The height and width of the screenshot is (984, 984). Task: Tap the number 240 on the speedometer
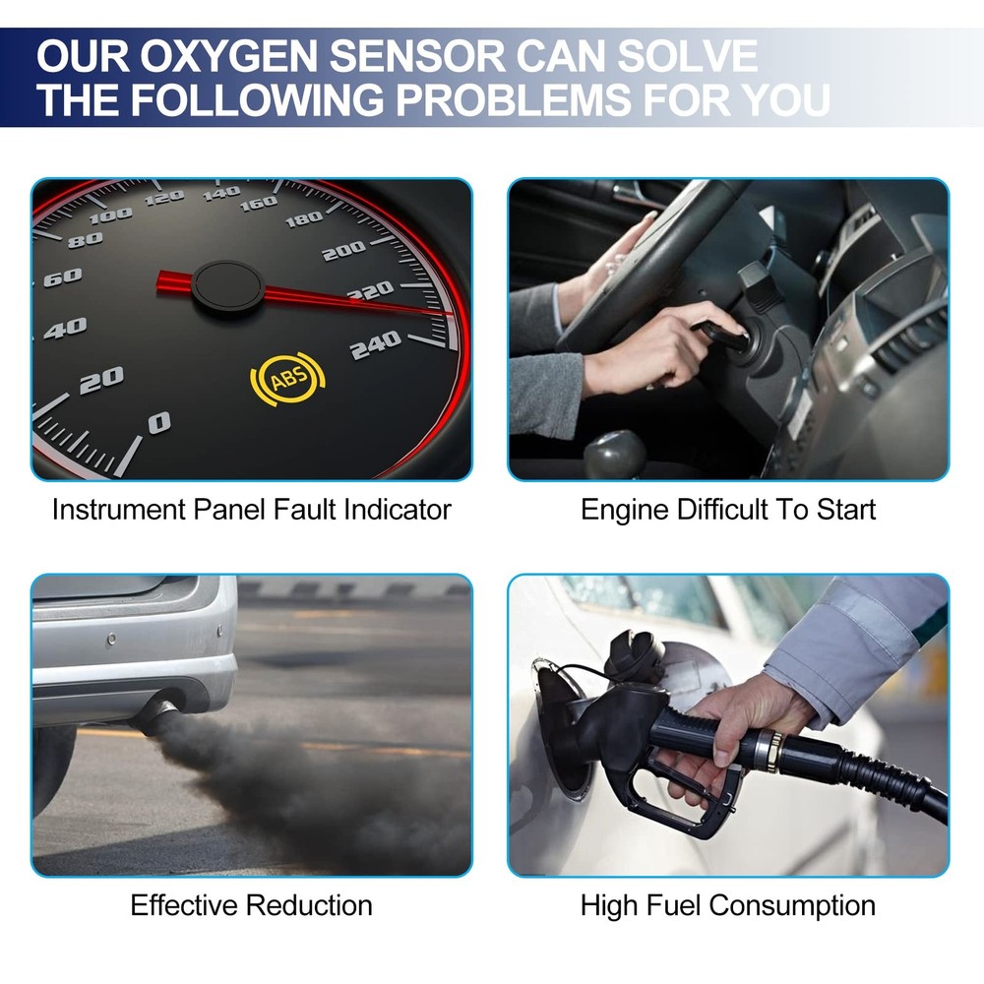click(376, 343)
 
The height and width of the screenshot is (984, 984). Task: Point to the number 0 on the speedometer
click(158, 423)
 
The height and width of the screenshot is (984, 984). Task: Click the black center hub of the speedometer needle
click(226, 288)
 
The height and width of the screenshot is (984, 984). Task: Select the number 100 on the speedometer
click(110, 215)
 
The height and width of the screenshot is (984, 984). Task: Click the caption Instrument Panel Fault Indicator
click(251, 510)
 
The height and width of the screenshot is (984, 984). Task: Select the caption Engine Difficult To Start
click(727, 510)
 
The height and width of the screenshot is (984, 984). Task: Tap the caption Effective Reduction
click(251, 905)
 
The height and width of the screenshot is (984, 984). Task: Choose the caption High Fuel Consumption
click(727, 905)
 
